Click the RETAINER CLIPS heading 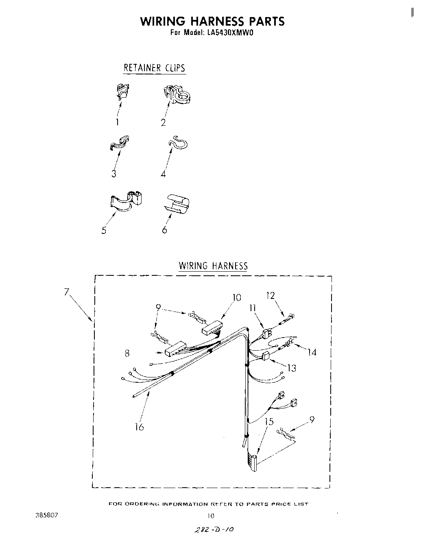coord(154,68)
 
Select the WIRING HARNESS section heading coord(213,266)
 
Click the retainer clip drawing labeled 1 coord(122,92)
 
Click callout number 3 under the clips coord(114,174)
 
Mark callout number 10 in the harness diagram coord(236,297)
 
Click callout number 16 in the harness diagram coord(139,427)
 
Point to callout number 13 coord(291,368)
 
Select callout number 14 coord(312,352)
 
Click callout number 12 coord(271,295)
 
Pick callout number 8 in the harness coord(127,354)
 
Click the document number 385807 coord(47,515)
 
